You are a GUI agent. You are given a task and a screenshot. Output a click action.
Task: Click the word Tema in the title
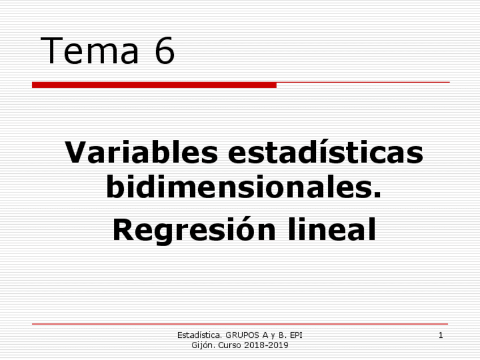[x=90, y=50]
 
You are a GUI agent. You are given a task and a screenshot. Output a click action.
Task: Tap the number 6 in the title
[x=164, y=50]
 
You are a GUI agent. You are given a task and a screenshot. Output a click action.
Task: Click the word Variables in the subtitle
[x=141, y=153]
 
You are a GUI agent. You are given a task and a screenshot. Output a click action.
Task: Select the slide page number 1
[x=440, y=336]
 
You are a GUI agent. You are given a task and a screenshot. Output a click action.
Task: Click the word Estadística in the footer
[x=198, y=336]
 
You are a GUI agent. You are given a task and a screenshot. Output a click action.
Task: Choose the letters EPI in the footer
[x=295, y=336]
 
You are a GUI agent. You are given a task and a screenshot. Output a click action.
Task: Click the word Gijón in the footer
[x=203, y=345]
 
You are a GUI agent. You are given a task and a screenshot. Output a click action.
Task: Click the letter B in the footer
[x=281, y=336]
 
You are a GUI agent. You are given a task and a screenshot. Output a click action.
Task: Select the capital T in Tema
[x=52, y=50]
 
